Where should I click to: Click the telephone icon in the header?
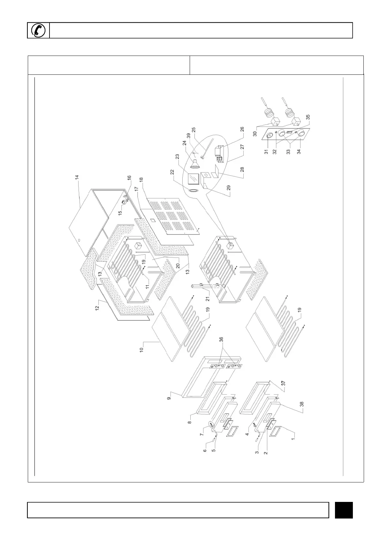click(39, 30)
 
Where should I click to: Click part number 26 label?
click(242, 129)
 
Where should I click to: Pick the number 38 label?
click(301, 404)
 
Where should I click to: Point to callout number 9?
click(170, 397)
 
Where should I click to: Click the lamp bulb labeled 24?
click(195, 163)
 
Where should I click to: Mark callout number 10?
click(141, 348)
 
